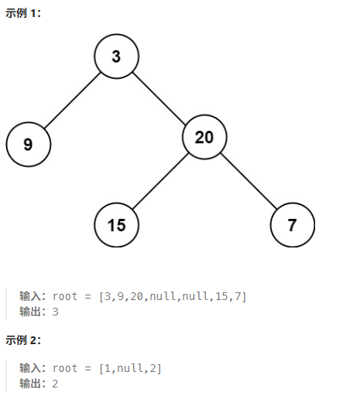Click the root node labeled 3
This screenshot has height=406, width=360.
click(x=116, y=56)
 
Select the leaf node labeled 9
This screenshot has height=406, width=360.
click(x=28, y=144)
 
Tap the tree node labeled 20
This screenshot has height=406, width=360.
click(x=204, y=137)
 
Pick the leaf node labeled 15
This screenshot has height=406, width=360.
click(x=116, y=225)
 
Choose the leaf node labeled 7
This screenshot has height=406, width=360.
click(x=293, y=225)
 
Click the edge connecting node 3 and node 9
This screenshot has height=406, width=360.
click(x=72, y=101)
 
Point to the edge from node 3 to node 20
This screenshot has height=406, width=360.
click(x=159, y=98)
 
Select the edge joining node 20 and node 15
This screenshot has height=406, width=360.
click(x=160, y=181)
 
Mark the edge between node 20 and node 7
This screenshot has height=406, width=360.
click(x=249, y=181)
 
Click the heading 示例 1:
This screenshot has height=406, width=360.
click(x=23, y=13)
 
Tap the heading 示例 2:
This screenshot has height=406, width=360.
click(x=23, y=340)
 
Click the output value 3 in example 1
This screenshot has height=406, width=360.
click(x=55, y=312)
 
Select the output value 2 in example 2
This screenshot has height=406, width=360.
click(x=55, y=384)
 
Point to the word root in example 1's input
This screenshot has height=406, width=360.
click(x=65, y=296)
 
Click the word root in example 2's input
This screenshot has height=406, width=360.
click(x=65, y=368)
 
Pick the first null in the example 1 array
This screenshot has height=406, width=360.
click(x=163, y=296)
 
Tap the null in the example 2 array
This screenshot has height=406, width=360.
click(x=130, y=368)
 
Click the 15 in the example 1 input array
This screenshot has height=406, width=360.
click(x=221, y=296)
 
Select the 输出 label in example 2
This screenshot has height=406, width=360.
click(x=30, y=384)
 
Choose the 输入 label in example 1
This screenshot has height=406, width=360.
click(x=30, y=296)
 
